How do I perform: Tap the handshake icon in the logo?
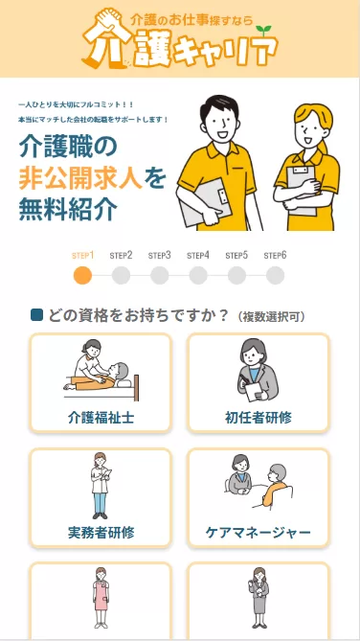(x=102, y=19)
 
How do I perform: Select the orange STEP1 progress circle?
(x=83, y=276)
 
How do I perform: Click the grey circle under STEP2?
(x=121, y=276)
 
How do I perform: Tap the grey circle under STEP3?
(x=160, y=276)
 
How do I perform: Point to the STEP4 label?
(x=198, y=256)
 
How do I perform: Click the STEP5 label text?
(x=236, y=256)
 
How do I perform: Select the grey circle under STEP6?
(x=275, y=276)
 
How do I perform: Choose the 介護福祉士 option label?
(x=101, y=418)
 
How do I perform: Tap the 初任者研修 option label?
(x=258, y=418)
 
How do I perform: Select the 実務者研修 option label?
(x=101, y=532)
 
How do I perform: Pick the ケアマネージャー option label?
(x=258, y=532)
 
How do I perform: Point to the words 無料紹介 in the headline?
(x=66, y=207)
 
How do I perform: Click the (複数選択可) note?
(x=272, y=316)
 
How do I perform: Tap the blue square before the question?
(x=36, y=315)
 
